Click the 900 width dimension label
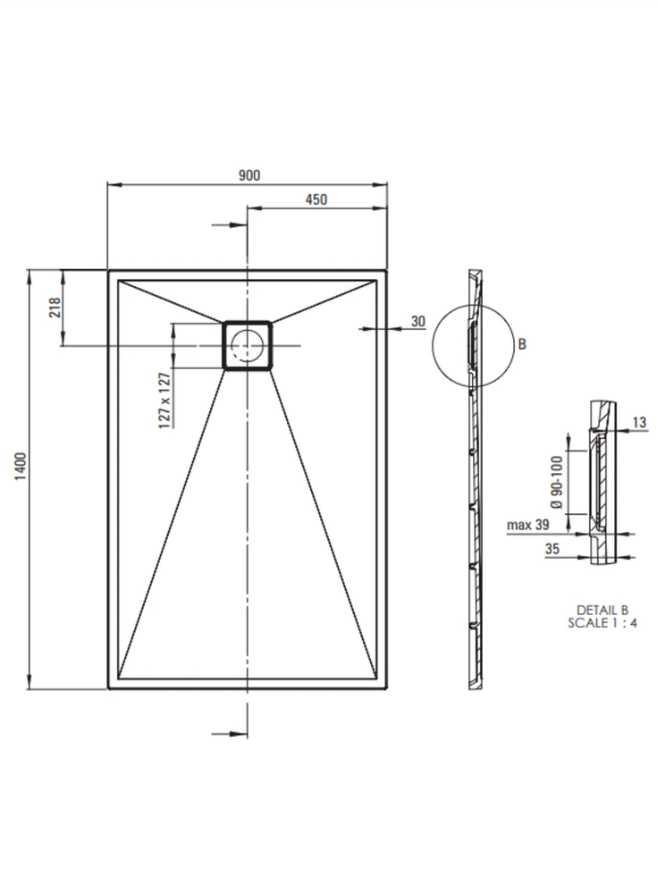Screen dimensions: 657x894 click(x=249, y=175)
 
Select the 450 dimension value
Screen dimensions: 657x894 click(x=316, y=199)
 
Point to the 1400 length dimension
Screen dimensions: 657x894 click(x=21, y=467)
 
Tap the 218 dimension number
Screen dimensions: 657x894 click(x=55, y=308)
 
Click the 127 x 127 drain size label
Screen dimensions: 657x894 click(x=164, y=401)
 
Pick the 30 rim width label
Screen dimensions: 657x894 click(x=418, y=322)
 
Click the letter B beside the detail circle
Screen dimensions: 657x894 click(x=522, y=344)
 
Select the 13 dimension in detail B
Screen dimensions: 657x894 click(x=639, y=423)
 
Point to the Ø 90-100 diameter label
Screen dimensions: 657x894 click(x=557, y=483)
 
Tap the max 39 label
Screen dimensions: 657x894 click(x=528, y=525)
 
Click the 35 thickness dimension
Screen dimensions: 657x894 click(x=552, y=549)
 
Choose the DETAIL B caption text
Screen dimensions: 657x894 click(x=602, y=611)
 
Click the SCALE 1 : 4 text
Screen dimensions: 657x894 click(x=602, y=623)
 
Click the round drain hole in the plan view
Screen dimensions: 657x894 click(x=247, y=345)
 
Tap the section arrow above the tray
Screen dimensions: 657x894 click(x=229, y=225)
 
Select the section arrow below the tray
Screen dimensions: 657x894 click(x=229, y=734)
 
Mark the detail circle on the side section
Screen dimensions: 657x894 click(x=433, y=345)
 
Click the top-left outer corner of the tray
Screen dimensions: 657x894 click(x=108, y=270)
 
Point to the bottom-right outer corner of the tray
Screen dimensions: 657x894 click(x=387, y=688)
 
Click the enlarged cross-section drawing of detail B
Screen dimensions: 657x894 click(x=602, y=483)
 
